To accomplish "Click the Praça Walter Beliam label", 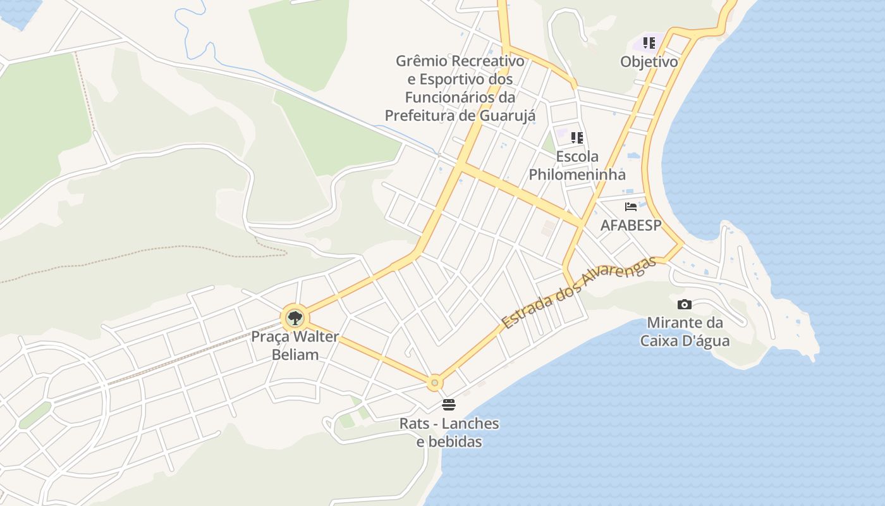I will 295,345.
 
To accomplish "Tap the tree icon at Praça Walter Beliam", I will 295,318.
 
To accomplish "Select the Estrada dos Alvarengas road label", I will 579,293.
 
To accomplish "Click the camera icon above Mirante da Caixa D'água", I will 684,305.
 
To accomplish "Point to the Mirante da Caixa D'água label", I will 685,332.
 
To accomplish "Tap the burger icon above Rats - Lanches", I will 449,404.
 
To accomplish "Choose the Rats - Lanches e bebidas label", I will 449,433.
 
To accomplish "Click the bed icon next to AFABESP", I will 630,206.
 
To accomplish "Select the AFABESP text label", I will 630,225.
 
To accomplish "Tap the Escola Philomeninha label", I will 577,166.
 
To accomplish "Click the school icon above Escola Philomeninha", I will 577,137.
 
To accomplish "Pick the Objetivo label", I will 649,62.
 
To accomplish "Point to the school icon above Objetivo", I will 649,43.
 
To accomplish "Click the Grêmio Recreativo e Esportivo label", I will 460,88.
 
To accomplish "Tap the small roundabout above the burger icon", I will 434,383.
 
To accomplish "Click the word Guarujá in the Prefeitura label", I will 507,116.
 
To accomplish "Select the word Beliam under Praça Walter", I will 295,354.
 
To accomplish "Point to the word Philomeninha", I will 577,175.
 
